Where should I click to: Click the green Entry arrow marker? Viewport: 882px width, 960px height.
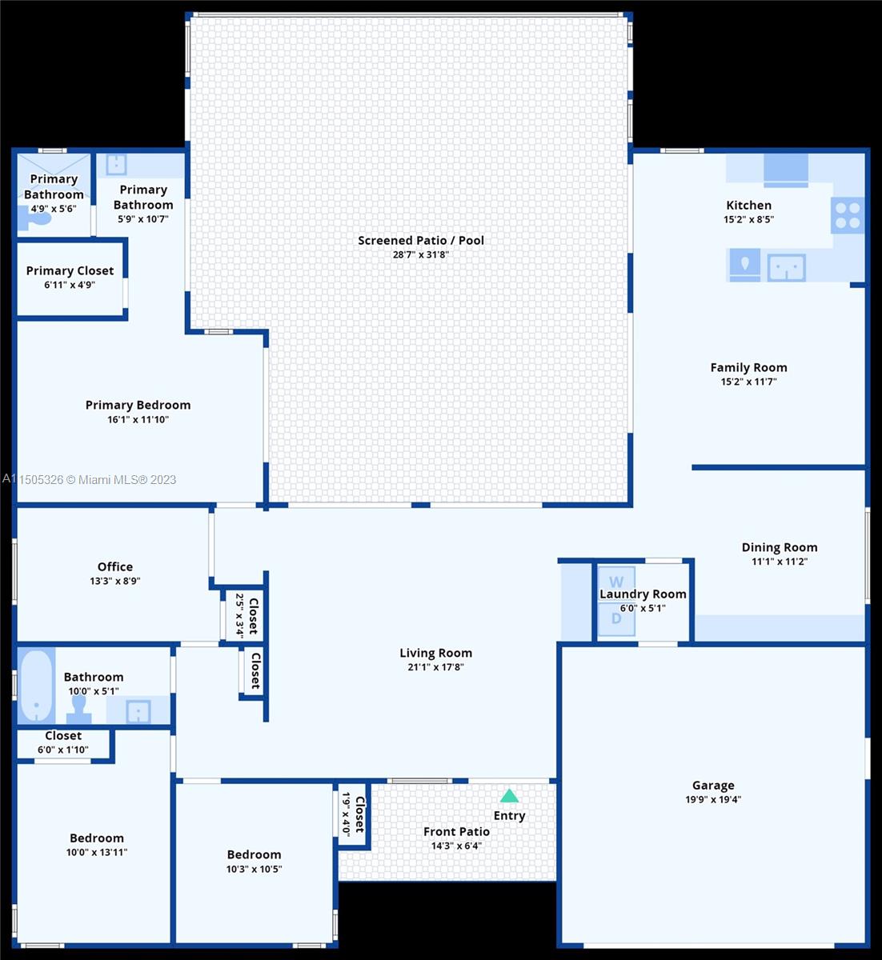[x=509, y=796]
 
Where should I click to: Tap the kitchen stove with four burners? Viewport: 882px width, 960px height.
[x=848, y=215]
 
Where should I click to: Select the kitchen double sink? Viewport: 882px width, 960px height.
[x=786, y=267]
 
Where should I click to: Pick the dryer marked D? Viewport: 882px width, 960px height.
[x=616, y=619]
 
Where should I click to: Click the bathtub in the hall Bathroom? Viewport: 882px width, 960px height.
[x=36, y=686]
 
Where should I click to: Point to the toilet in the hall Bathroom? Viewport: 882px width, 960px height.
[x=78, y=710]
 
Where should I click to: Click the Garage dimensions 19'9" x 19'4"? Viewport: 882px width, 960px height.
[x=713, y=799]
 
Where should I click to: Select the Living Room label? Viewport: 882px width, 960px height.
[x=435, y=653]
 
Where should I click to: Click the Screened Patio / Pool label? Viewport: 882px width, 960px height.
[x=421, y=240]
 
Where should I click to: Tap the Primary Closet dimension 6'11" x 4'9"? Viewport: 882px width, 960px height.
[x=70, y=285]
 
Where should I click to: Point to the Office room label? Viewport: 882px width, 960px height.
[x=115, y=566]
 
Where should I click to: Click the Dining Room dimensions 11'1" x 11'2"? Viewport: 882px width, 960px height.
[x=780, y=562]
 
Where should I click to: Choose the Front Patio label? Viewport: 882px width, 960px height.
[x=456, y=832]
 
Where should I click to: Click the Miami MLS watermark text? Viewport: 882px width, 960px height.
[x=89, y=479]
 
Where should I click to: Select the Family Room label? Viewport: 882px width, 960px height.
[x=749, y=367]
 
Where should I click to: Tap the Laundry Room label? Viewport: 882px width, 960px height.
[x=643, y=594]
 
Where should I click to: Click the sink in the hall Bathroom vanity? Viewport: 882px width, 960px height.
[x=138, y=711]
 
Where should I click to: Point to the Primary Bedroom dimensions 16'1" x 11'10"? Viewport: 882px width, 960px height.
[x=138, y=420]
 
